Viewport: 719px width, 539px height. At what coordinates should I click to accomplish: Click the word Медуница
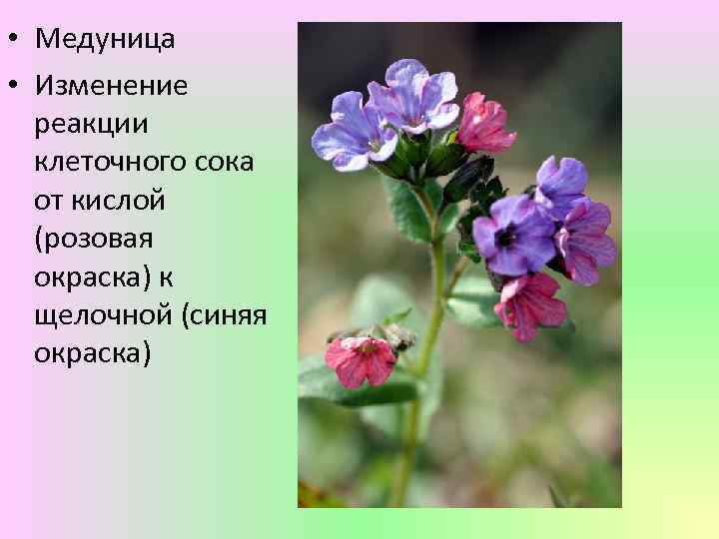[x=105, y=40]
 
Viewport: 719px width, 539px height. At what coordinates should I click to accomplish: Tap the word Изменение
[x=111, y=85]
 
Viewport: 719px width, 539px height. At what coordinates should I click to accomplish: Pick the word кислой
[x=117, y=201]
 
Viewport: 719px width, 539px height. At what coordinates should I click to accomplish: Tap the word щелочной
[x=105, y=315]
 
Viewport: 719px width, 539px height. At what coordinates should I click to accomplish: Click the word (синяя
[x=225, y=315]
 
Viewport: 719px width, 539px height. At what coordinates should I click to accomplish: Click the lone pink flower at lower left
[x=360, y=359]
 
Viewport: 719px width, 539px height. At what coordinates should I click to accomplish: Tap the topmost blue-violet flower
[x=413, y=96]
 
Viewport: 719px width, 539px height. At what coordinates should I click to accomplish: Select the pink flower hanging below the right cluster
[x=530, y=305]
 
